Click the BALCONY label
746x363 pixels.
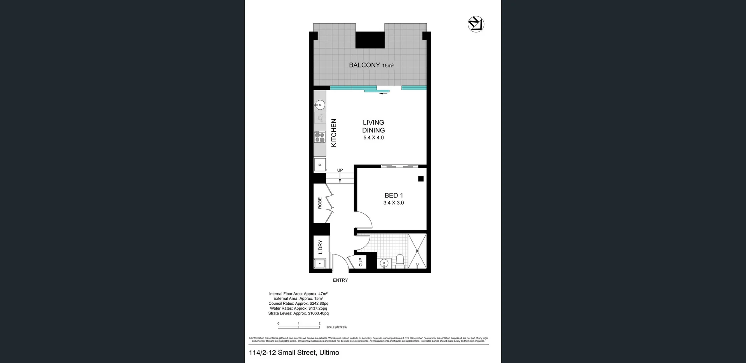364,65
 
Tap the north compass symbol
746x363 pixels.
476,24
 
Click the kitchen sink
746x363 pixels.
320,105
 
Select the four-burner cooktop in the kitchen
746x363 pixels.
320,137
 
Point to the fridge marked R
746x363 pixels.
320,165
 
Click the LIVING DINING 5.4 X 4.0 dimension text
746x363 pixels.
373,138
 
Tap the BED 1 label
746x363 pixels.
394,195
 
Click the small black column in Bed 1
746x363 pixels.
420,179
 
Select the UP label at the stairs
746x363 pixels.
340,170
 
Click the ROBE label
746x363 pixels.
320,203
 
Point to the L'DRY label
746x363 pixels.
320,247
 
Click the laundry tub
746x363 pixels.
320,264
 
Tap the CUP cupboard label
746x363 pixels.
361,262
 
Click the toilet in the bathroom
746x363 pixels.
399,262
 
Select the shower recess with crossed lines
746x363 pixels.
417,251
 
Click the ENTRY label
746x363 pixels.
340,280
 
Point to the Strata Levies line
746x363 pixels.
298,313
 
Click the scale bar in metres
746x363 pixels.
299,327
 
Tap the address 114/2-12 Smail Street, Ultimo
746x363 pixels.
294,353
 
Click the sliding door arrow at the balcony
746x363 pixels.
383,94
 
